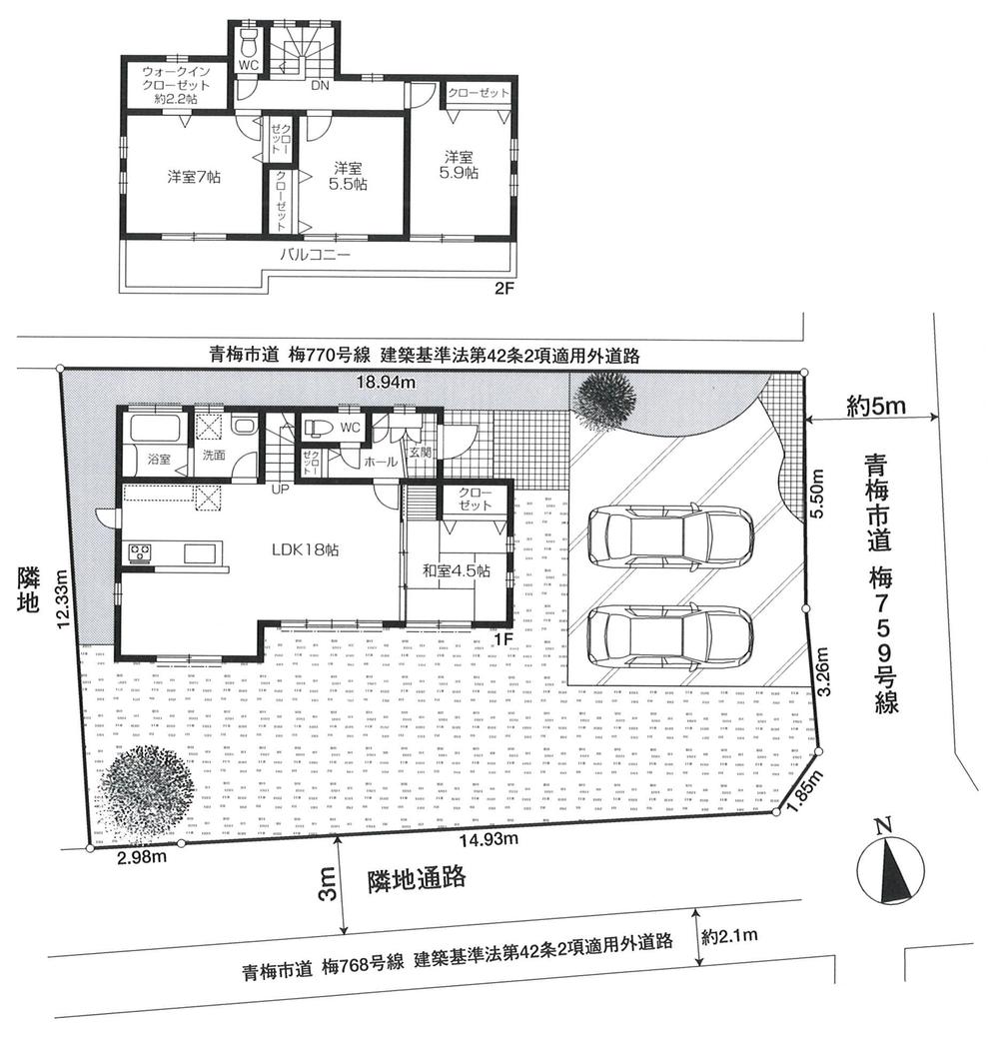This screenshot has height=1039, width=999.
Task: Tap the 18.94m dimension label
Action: pyautogui.click(x=388, y=382)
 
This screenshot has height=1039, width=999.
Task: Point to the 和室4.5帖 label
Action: pyautogui.click(x=456, y=570)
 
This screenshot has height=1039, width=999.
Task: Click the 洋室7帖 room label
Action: pyautogui.click(x=194, y=177)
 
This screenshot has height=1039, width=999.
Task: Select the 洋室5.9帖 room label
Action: pyautogui.click(x=459, y=165)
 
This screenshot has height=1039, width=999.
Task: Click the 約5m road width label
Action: pyautogui.click(x=875, y=406)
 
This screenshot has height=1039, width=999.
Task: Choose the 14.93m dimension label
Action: pyautogui.click(x=490, y=838)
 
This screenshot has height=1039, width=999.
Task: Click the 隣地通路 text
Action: pyautogui.click(x=418, y=879)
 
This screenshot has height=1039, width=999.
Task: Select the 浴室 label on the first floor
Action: pyautogui.click(x=158, y=460)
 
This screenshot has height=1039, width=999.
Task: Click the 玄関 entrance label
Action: pyautogui.click(x=420, y=451)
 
